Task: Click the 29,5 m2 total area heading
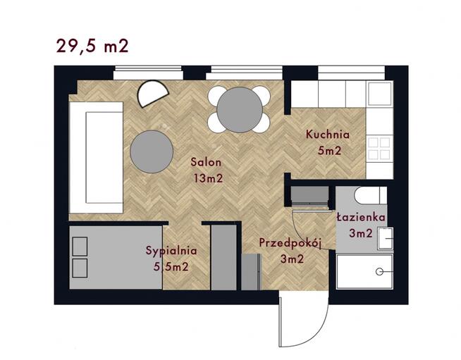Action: click(x=92, y=46)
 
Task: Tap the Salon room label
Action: click(x=206, y=162)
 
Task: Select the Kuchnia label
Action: click(x=328, y=135)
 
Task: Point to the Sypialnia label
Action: click(x=171, y=251)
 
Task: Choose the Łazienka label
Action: click(x=361, y=217)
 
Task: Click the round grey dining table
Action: click(x=240, y=110)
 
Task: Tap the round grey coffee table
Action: click(x=152, y=151)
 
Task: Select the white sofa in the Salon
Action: click(x=96, y=157)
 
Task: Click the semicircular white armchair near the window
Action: click(x=153, y=93)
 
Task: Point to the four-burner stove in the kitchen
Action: click(x=379, y=149)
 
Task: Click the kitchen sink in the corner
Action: click(x=380, y=93)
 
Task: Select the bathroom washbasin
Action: click(x=386, y=239)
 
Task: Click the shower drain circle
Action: click(x=379, y=272)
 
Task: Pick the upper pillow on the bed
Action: click(x=80, y=247)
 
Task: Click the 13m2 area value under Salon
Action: click(x=208, y=178)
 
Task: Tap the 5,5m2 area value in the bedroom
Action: click(x=171, y=266)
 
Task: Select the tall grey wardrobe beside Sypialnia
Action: click(x=224, y=257)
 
